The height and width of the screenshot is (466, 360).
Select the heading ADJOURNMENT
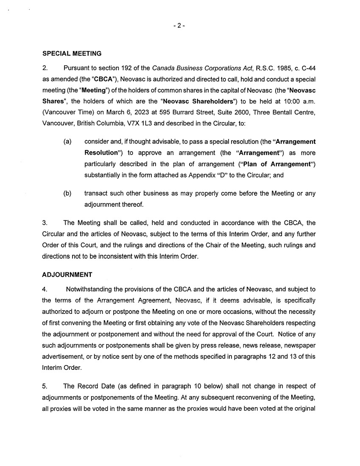click(67, 275)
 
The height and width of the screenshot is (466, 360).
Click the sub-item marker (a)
click(67, 141)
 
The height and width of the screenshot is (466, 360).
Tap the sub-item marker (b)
click(67, 194)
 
